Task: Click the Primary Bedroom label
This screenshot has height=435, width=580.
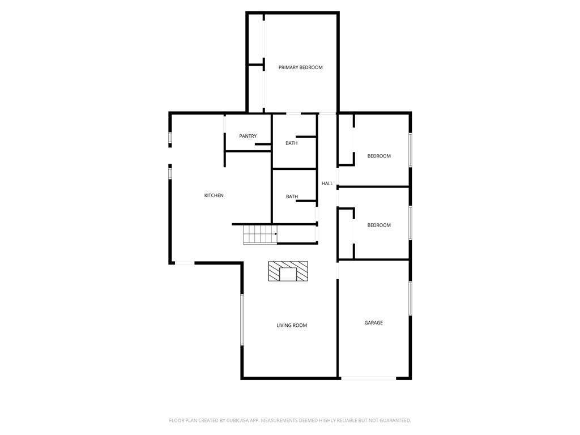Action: tap(300, 67)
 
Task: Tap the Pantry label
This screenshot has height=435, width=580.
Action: tap(248, 136)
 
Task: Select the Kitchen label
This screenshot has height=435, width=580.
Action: tap(214, 195)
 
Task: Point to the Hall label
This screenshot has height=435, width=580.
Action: tap(327, 184)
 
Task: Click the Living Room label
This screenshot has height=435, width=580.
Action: tap(292, 326)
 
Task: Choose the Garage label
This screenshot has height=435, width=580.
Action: tap(374, 322)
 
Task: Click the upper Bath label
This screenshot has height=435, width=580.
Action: tap(292, 143)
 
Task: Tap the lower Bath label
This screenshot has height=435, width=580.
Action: tap(292, 197)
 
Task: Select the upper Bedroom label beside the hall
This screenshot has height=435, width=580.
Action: tap(379, 156)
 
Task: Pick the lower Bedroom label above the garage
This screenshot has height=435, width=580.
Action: tap(379, 225)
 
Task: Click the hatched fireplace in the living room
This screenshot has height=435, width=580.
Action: tap(288, 271)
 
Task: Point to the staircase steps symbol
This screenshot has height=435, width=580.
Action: tap(260, 235)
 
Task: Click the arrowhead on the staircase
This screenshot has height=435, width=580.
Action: tap(276, 234)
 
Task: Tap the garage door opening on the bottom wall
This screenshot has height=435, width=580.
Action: tap(368, 378)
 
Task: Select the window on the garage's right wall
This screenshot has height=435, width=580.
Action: tap(410, 298)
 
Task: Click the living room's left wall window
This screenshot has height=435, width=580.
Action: tap(242, 319)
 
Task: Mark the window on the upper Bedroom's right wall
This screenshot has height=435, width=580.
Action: tap(410, 150)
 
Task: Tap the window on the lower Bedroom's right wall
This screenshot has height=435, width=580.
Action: tap(410, 223)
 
